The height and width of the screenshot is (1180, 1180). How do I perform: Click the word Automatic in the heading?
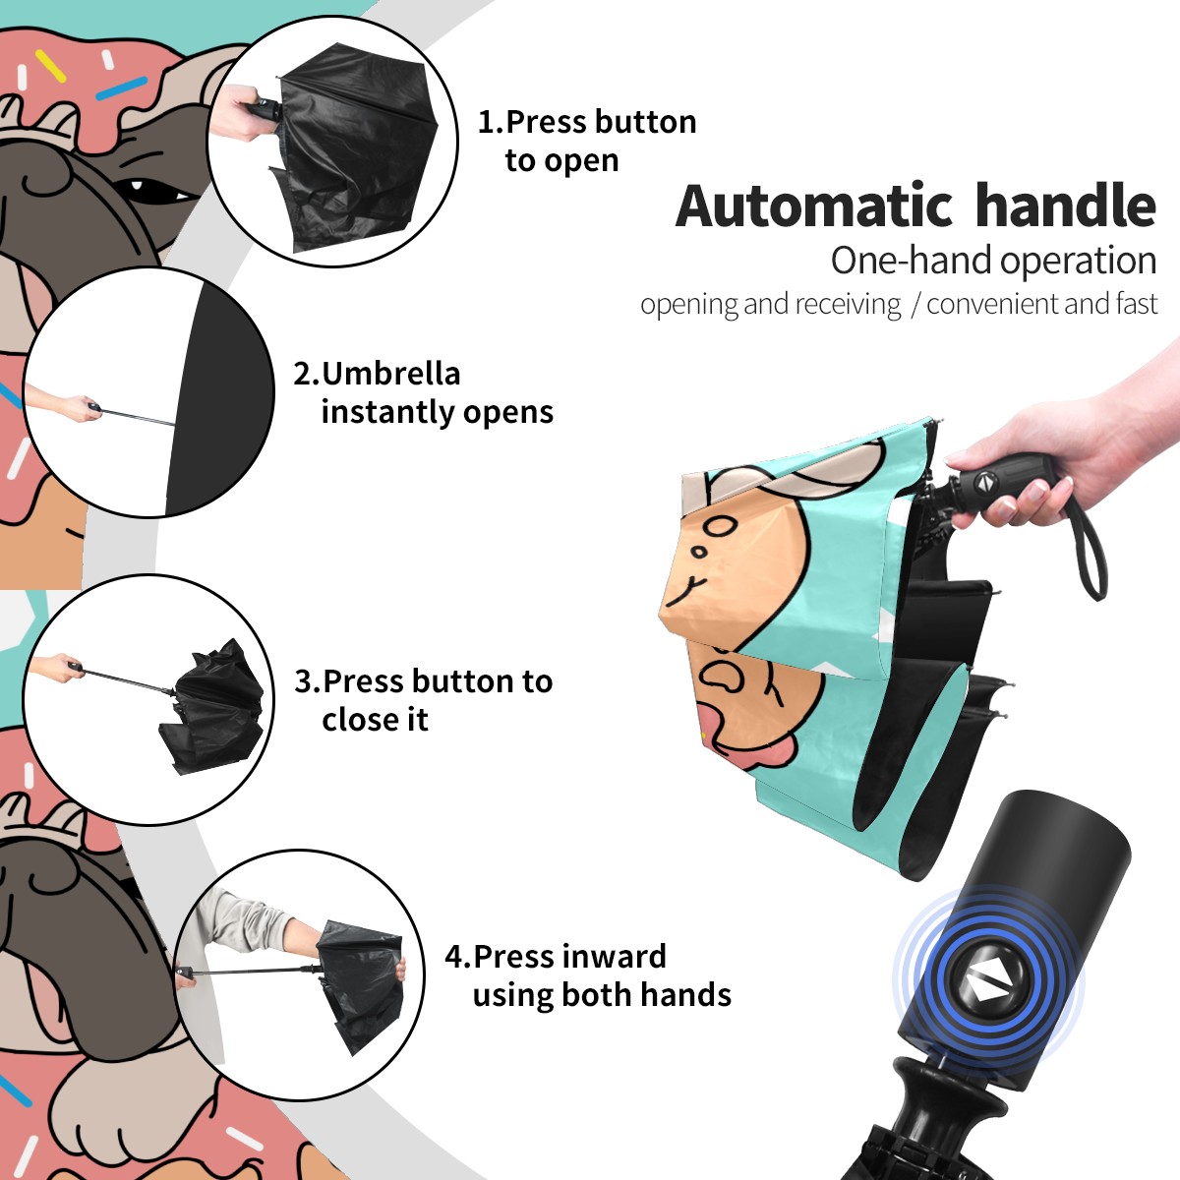point(814,206)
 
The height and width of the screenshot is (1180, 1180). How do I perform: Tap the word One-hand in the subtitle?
point(913,261)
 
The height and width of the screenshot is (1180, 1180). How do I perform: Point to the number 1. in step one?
point(491,122)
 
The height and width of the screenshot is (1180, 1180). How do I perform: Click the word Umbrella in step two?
point(390,374)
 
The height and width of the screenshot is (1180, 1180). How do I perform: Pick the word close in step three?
point(358,719)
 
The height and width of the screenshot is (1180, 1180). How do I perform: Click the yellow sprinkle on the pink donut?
point(51,67)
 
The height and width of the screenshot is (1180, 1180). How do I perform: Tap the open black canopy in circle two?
point(218,397)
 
